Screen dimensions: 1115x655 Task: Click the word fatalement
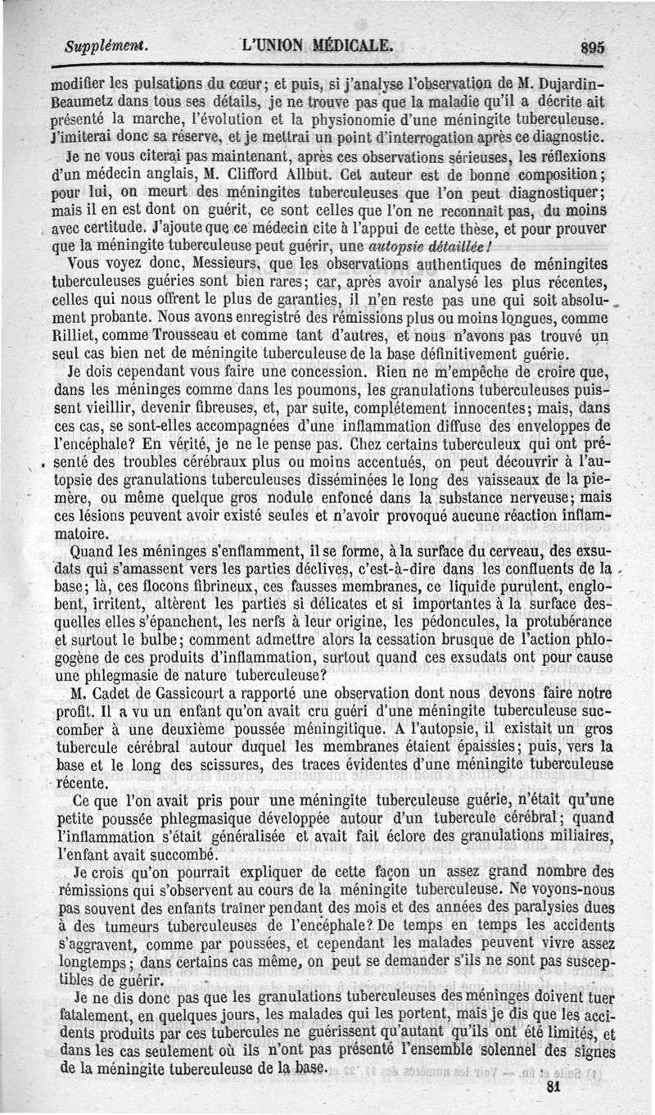[x=93, y=1016]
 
